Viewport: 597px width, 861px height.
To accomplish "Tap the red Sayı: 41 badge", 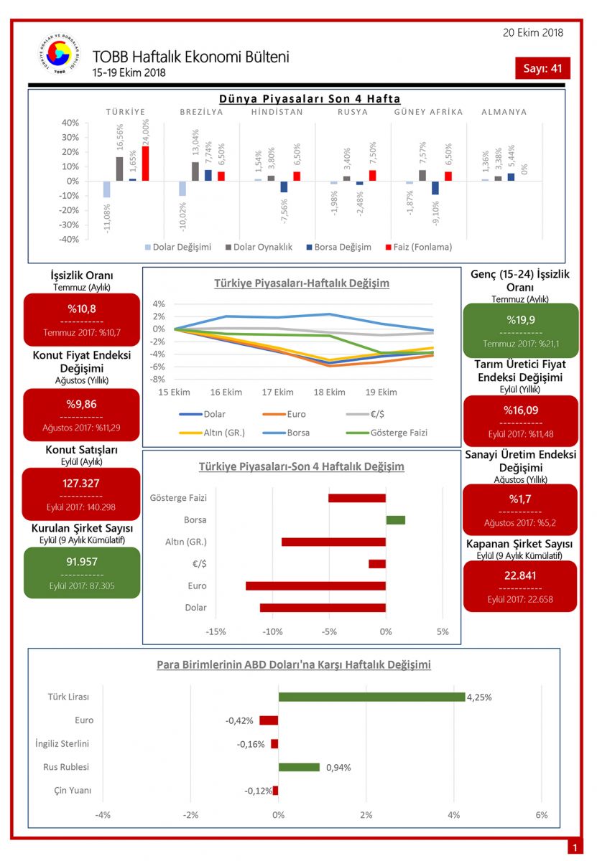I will point(542,69).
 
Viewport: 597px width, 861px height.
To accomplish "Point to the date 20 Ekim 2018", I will point(533,32).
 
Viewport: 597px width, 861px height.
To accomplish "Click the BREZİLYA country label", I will point(201,112).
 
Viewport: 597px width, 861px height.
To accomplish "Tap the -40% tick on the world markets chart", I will point(69,239).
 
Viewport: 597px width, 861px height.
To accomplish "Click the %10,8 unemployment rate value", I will point(81,309).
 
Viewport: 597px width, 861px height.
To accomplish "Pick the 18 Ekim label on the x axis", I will point(329,392).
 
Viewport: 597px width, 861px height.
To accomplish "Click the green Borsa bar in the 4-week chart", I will point(395,519).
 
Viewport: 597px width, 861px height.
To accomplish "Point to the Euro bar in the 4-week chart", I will point(315,586).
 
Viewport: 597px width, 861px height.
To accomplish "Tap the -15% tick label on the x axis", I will point(216,632).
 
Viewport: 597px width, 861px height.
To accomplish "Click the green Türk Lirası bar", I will point(371,697).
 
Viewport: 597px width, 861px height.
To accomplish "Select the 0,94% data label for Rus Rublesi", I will point(338,767).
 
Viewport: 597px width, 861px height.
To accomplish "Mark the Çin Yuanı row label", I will point(73,791).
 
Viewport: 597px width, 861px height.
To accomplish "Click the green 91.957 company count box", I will point(81,573).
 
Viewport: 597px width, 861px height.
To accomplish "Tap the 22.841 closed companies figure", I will point(520,575).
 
